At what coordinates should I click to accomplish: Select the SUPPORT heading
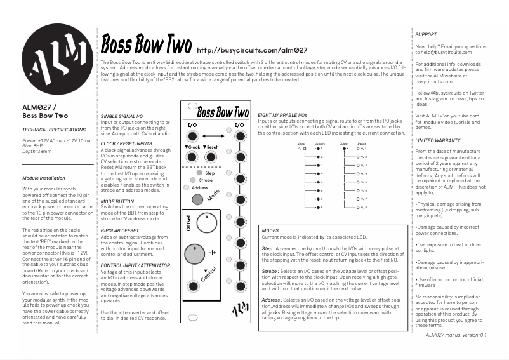426,34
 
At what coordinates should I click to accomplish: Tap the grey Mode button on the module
197,199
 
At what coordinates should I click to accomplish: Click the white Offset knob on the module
206,223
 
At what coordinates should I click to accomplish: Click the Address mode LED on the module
186,187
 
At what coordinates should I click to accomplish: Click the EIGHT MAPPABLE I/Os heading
282,114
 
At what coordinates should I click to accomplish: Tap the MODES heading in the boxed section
270,230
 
